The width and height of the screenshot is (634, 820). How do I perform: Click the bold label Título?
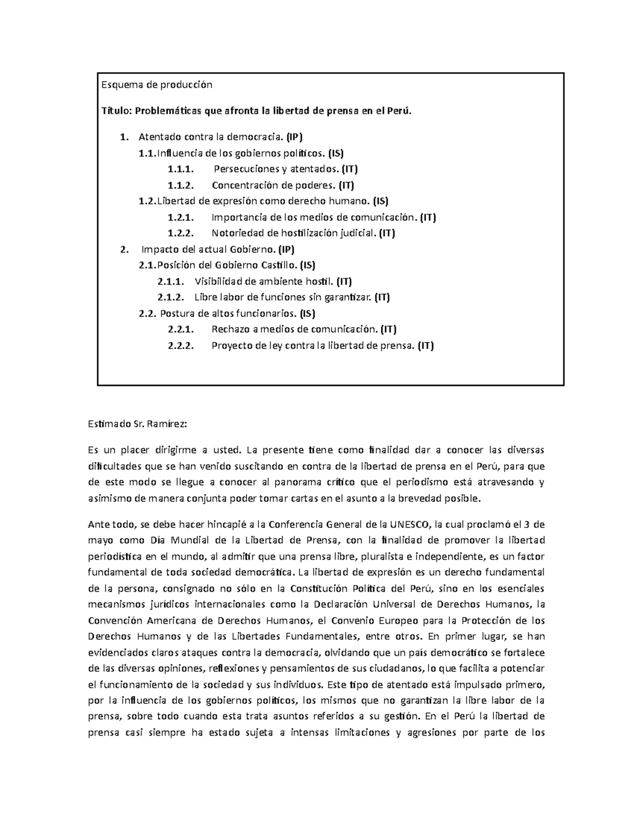(116, 111)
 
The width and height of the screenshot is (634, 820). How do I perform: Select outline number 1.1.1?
(181, 169)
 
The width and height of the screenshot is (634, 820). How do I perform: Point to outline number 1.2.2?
(181, 233)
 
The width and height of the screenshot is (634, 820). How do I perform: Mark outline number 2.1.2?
(171, 297)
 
